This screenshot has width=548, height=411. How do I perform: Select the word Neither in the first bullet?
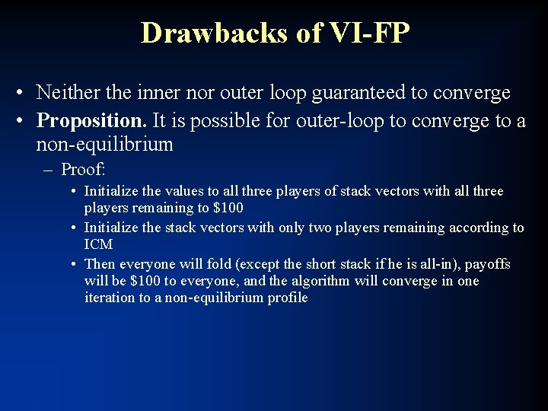tap(65, 94)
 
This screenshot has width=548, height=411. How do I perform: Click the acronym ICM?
tap(98, 244)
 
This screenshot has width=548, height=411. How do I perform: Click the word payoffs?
tap(488, 264)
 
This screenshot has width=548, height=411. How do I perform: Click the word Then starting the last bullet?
tap(99, 264)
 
